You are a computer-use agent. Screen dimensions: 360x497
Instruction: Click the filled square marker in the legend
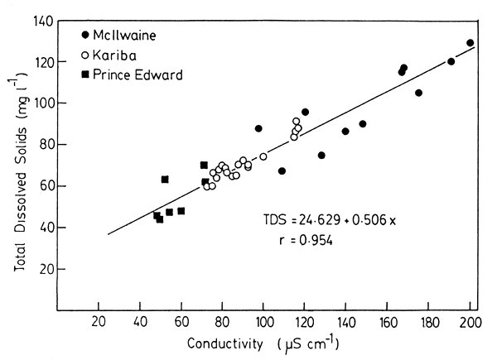pyautogui.click(x=87, y=75)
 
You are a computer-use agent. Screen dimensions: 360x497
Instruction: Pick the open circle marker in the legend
pyautogui.click(x=87, y=55)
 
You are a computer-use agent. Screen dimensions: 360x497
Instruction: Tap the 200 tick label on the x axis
pyautogui.click(x=470, y=324)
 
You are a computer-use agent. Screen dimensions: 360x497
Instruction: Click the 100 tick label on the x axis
pyautogui.click(x=263, y=324)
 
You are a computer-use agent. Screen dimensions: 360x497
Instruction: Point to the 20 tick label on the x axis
pyautogui.click(x=99, y=324)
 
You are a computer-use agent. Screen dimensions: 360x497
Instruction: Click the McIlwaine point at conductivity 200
pyautogui.click(x=470, y=43)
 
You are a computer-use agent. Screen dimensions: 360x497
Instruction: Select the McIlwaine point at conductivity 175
pyautogui.click(x=418, y=93)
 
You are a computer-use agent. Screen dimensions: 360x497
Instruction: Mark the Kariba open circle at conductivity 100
pyautogui.click(x=263, y=156)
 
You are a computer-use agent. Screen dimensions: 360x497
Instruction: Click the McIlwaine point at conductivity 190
pyautogui.click(x=451, y=61)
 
